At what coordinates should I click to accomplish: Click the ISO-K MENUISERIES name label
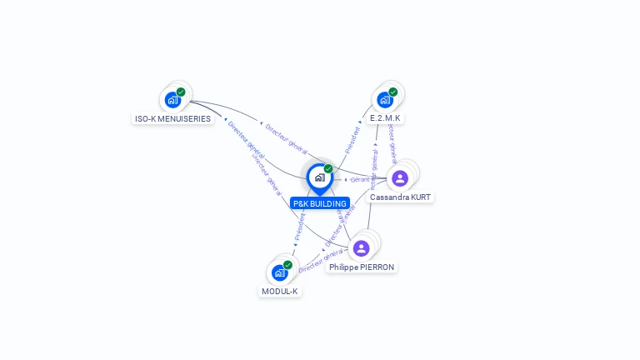tap(173, 118)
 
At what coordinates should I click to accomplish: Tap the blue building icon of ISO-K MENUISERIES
tap(172, 100)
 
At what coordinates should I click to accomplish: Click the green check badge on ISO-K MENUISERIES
tap(181, 92)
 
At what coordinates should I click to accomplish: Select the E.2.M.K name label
tap(386, 118)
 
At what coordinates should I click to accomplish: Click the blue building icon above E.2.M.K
tap(385, 100)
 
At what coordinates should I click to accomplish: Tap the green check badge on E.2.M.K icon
tap(392, 92)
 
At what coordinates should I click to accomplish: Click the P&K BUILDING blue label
tap(320, 203)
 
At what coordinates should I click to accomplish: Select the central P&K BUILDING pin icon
tap(320, 177)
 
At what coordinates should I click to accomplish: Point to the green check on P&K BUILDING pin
tap(328, 169)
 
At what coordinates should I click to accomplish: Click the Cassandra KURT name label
tap(401, 197)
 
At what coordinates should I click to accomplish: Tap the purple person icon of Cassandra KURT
tap(400, 178)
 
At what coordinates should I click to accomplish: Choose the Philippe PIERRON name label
tap(362, 267)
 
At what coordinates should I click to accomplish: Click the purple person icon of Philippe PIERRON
tap(361, 248)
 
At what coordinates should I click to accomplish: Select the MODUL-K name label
tap(280, 291)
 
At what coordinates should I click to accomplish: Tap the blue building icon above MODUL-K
tap(280, 272)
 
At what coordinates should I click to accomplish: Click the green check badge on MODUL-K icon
tap(287, 265)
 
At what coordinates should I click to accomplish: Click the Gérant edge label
tap(360, 179)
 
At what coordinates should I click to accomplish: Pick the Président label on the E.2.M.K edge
tap(353, 138)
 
